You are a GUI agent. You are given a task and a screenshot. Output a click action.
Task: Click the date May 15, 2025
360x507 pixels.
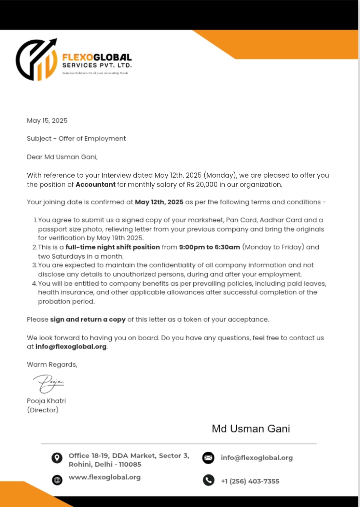pos(47,121)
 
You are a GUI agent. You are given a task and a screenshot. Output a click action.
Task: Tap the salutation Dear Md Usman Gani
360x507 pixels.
pos(62,157)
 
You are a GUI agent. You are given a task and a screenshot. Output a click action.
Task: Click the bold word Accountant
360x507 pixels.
pos(96,184)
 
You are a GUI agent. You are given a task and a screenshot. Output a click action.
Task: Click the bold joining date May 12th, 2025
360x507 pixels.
pos(159,202)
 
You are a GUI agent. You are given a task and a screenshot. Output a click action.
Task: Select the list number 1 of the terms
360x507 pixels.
pos(35,220)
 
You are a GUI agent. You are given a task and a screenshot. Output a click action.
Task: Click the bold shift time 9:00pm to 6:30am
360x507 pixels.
pos(209,247)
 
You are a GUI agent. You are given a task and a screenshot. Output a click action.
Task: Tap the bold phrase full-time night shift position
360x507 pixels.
pos(113,247)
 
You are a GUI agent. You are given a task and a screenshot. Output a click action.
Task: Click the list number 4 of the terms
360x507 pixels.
pos(34,284)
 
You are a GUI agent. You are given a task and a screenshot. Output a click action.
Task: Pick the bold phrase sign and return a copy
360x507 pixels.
pos(88,319)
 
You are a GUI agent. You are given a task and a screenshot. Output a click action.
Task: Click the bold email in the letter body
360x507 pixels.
pos(71,346)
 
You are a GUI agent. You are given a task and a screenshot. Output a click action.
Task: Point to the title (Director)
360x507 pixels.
pos(43,410)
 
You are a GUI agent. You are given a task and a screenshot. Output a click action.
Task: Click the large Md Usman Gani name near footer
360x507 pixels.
pos(251,428)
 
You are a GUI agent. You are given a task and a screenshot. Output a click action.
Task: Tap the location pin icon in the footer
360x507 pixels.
pos(57,458)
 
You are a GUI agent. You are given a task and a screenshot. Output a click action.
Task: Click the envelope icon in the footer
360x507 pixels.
pos(208,458)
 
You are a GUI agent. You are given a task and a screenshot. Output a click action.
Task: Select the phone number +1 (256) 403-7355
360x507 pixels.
pos(250,481)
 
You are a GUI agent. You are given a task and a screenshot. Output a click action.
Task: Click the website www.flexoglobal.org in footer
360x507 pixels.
pos(105,477)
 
